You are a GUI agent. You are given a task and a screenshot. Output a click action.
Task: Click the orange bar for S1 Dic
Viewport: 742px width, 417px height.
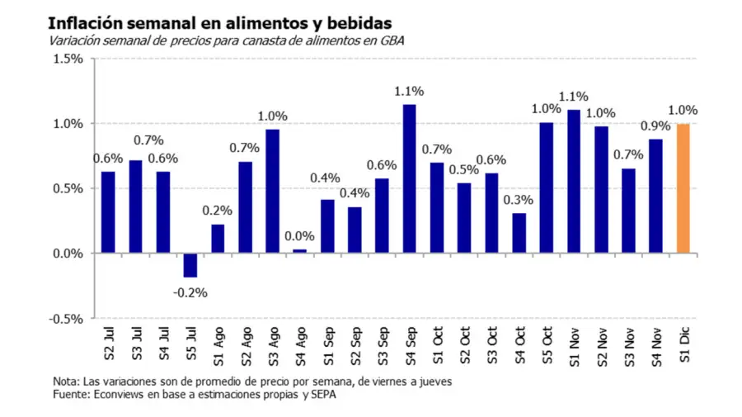click(683, 188)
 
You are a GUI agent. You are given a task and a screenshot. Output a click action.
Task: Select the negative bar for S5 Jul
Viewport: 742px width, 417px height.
click(190, 265)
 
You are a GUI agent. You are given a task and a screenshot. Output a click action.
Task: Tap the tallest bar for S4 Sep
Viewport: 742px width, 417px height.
click(409, 179)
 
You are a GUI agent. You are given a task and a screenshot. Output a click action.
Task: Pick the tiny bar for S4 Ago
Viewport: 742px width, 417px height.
click(299, 251)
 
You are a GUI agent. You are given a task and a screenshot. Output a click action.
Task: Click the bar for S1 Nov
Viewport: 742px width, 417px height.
click(574, 181)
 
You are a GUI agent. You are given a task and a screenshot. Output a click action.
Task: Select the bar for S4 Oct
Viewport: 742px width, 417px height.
click(519, 233)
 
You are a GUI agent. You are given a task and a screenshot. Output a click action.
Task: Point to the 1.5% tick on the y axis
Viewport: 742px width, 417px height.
click(68, 59)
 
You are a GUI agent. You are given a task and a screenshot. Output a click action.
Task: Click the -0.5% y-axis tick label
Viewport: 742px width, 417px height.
click(66, 319)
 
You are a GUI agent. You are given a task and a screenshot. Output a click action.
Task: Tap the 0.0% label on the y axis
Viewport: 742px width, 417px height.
click(68, 254)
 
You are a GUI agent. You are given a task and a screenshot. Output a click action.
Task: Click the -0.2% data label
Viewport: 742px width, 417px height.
click(190, 292)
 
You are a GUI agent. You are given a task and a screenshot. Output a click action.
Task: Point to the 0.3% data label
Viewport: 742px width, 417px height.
click(519, 200)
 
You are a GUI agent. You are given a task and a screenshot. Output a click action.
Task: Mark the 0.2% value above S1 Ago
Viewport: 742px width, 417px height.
click(218, 211)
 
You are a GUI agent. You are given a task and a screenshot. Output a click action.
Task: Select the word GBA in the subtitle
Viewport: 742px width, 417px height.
click(392, 40)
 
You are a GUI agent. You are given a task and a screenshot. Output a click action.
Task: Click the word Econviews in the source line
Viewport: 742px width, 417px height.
click(120, 395)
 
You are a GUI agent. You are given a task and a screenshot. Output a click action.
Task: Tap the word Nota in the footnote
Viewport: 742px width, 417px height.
click(65, 381)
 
